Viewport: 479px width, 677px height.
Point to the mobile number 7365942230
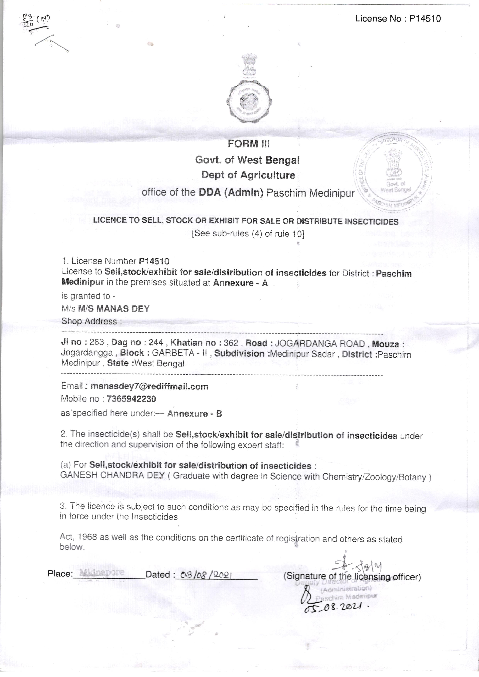pos(131,399)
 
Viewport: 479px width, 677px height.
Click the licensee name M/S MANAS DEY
pos(114,309)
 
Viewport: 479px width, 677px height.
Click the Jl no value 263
pos(97,342)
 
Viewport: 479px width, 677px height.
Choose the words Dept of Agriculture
pos(248,175)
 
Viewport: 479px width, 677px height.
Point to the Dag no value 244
pos(156,342)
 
